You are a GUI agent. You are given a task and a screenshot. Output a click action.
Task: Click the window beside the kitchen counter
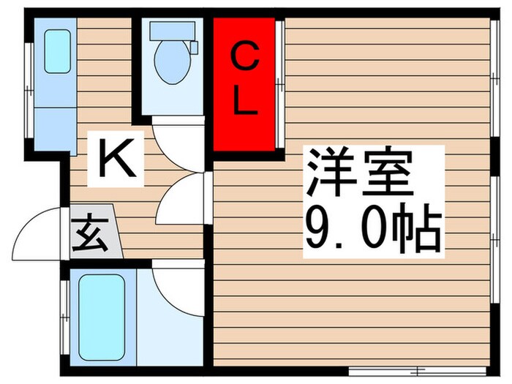[29, 84]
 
